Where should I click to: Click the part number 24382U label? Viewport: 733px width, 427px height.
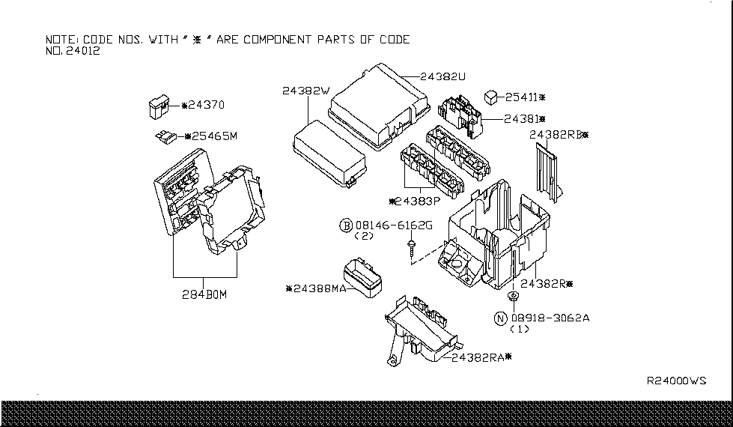443,76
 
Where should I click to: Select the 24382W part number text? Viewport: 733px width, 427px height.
305,91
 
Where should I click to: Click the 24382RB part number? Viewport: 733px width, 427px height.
557,135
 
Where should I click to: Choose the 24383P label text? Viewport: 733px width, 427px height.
416,202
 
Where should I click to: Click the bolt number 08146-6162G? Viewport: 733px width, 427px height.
394,225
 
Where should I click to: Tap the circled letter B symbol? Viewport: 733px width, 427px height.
346,225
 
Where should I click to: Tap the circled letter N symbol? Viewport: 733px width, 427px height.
500,318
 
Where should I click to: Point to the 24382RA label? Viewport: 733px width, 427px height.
481,357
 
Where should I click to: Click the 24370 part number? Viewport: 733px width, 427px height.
204,106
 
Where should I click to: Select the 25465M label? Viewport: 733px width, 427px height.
212,136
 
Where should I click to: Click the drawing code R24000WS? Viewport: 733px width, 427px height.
676,381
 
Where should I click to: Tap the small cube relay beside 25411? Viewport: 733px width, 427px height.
492,96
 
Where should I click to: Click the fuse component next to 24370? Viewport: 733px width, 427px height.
159,107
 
